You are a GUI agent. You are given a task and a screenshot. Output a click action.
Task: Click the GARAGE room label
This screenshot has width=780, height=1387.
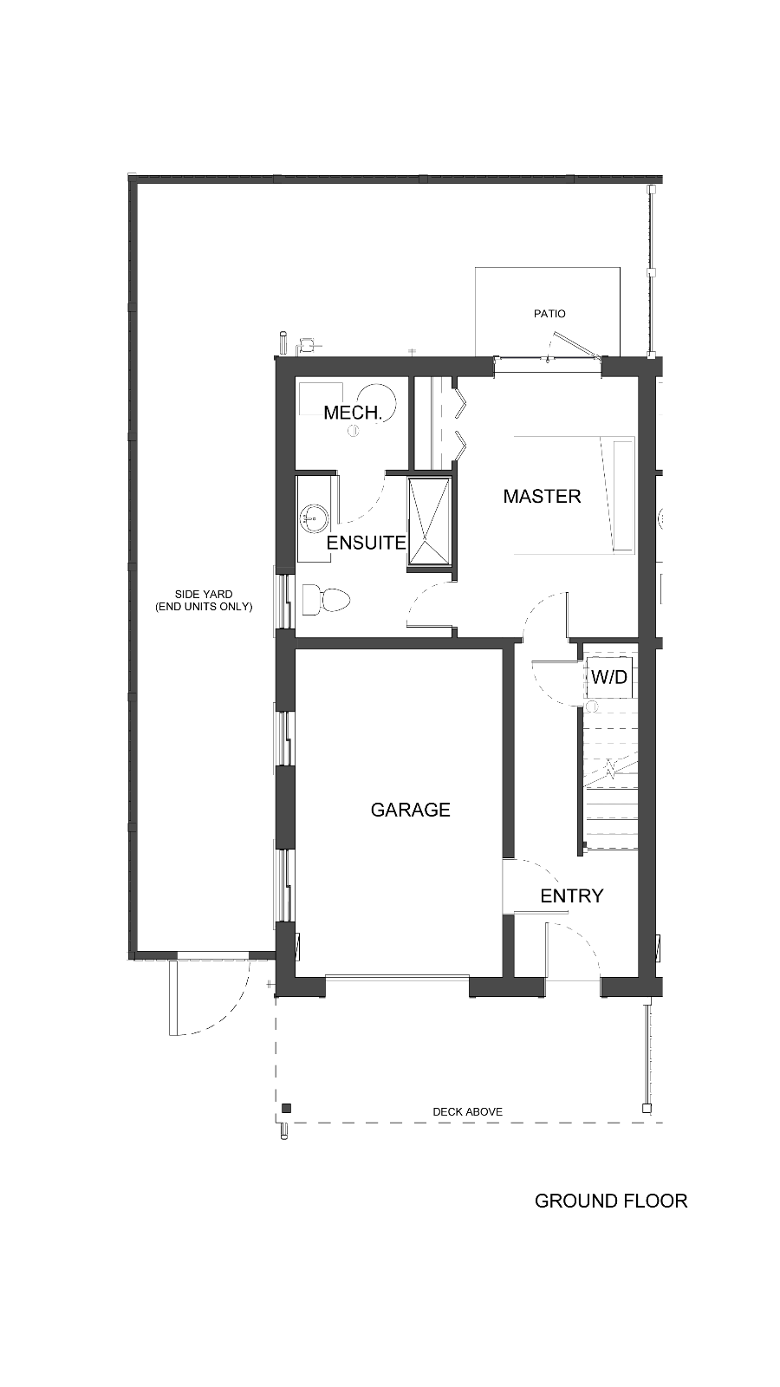411,810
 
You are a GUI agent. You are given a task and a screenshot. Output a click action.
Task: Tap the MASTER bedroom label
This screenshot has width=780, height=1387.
542,496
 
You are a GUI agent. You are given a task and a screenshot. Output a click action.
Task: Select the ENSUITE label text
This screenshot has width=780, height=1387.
366,543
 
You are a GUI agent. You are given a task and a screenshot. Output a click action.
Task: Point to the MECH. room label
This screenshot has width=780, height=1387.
352,413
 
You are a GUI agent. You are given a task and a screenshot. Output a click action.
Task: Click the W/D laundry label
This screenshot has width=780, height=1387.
610,677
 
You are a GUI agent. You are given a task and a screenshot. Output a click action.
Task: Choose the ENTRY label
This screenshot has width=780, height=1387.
571,896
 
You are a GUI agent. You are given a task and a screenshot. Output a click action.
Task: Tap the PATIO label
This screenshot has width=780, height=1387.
549,314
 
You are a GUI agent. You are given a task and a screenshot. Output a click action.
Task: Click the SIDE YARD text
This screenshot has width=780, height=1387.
204,595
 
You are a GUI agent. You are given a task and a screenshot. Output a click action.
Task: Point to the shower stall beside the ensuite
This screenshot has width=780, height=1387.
431,521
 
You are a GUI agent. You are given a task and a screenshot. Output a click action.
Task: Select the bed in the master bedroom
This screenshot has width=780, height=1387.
575,495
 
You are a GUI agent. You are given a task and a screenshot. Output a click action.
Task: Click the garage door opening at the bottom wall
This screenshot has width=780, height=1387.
398,979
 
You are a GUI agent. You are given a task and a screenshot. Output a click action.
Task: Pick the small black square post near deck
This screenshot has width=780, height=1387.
286,1109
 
